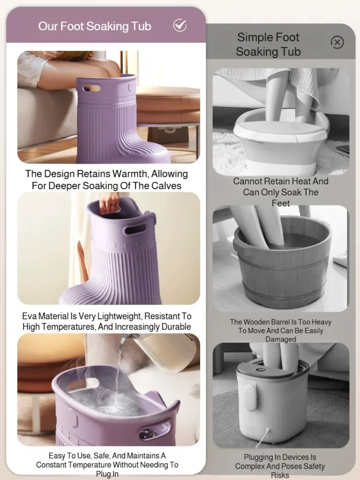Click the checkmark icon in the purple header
180,25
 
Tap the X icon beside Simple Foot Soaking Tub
337,42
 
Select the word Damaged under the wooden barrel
281,339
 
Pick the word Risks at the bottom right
280,476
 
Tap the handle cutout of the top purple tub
91,89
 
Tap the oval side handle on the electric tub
249,397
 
